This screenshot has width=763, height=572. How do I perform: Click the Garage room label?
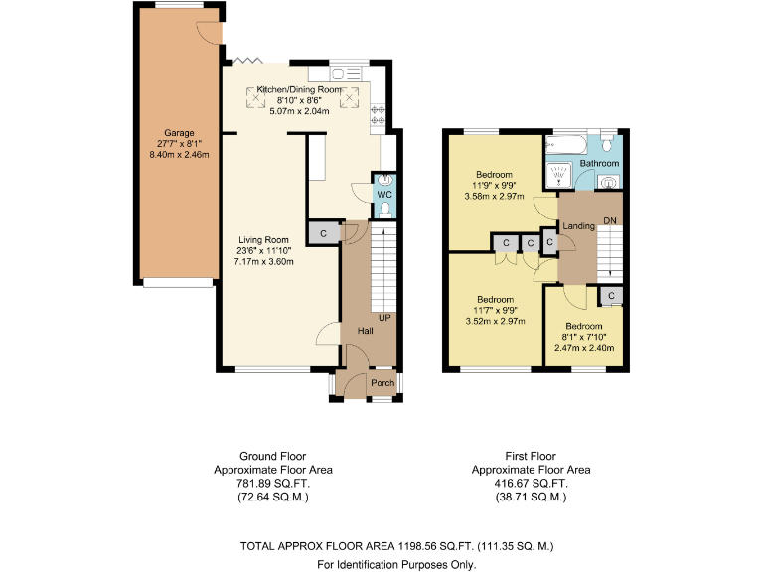click(179, 133)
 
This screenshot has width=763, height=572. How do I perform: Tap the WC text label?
click(383, 195)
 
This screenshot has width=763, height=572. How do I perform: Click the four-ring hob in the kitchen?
click(379, 117)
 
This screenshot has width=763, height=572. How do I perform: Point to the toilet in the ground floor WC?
click(384, 210)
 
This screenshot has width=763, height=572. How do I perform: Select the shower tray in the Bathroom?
click(559, 175)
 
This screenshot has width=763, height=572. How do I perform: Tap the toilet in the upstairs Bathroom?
click(608, 139)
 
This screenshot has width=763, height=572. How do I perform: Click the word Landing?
click(578, 226)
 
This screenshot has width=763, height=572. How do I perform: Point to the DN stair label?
click(610, 220)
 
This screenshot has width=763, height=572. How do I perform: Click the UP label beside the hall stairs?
click(383, 319)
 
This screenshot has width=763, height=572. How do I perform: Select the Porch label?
click(382, 383)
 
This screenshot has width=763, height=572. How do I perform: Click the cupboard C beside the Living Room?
click(322, 232)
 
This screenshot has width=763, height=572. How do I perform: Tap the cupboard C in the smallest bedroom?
click(610, 296)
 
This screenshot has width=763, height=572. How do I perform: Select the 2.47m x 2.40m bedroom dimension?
click(584, 348)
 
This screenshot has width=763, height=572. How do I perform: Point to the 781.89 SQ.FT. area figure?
click(273, 482)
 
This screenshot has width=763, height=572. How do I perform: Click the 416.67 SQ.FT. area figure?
click(531, 482)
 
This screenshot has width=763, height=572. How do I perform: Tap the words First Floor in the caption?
click(531, 457)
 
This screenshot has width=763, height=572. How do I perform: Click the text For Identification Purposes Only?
click(396, 564)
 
